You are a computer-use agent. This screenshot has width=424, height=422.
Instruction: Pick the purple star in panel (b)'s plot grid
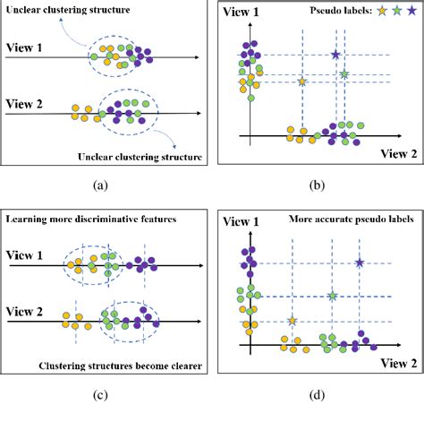tap(335, 55)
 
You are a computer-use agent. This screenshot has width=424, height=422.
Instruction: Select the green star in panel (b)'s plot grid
tap(344, 73)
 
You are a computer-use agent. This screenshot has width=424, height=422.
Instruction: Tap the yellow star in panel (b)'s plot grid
tap(301, 82)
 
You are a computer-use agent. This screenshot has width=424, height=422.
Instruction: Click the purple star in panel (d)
tap(359, 263)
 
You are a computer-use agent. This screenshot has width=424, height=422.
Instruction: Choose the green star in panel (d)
tap(332, 296)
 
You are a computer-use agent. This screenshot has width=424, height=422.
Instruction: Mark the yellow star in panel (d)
tap(292, 320)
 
